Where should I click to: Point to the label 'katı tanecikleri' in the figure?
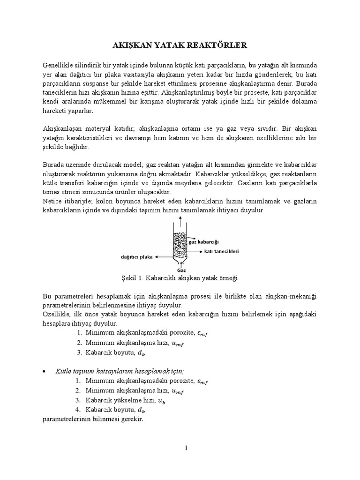(222, 252)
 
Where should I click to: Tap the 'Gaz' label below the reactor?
(180, 270)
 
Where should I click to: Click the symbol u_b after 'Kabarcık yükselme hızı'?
(174, 400)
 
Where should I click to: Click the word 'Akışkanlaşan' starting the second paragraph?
(61, 128)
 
